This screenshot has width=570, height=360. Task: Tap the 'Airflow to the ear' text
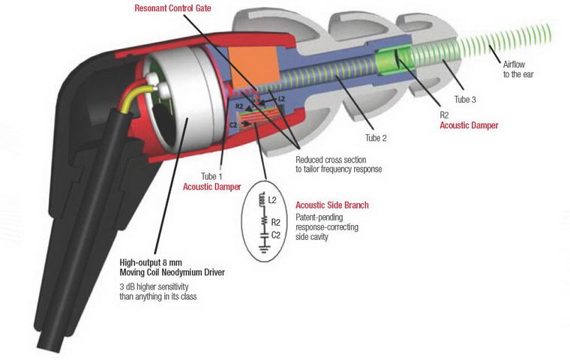pos(517,70)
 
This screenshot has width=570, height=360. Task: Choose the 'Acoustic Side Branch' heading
pos(332,205)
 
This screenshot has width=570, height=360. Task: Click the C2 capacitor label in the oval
pos(275,235)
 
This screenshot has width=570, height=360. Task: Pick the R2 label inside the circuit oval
pos(275,222)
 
